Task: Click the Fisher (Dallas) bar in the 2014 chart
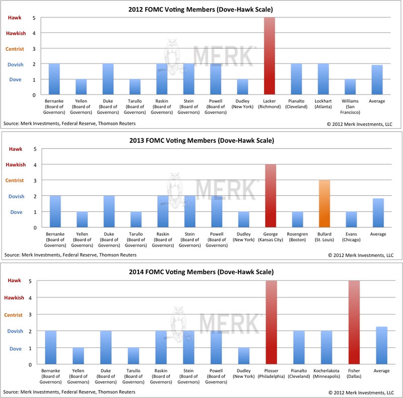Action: pos(353,323)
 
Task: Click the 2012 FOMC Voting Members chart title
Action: pos(202,7)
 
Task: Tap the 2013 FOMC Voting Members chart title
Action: pos(202,140)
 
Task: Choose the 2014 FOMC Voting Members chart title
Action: pos(202,272)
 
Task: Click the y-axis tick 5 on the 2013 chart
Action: pos(35,149)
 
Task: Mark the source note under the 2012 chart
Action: pos(69,123)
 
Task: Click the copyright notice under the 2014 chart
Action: pos(361,392)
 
